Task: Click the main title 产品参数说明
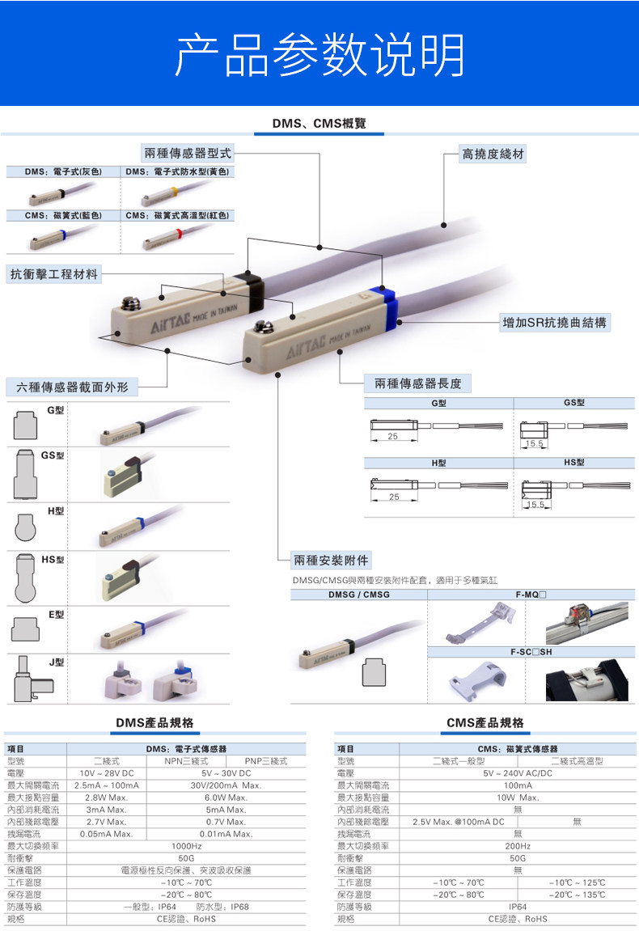[319, 55]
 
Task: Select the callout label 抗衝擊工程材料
[54, 274]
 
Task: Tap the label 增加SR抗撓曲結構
[554, 323]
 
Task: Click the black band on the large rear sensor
[252, 284]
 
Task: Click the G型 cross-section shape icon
[26, 424]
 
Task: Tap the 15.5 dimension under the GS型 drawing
[534, 444]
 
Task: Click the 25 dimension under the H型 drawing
[394, 497]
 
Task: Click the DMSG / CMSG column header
[358, 595]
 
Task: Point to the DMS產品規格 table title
[156, 722]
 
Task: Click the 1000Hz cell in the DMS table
[186, 845]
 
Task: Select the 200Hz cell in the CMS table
[518, 845]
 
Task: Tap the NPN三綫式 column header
[187, 761]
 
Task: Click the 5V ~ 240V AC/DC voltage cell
[518, 773]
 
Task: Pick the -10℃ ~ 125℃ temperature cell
[577, 882]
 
